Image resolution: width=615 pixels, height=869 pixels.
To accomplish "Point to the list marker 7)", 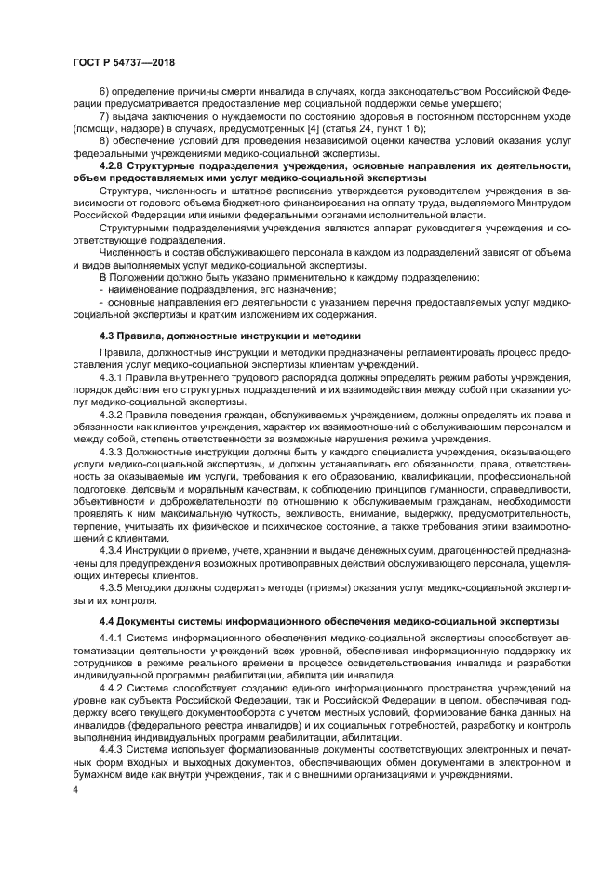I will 104,118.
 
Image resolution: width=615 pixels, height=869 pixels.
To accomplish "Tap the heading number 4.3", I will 108,335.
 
